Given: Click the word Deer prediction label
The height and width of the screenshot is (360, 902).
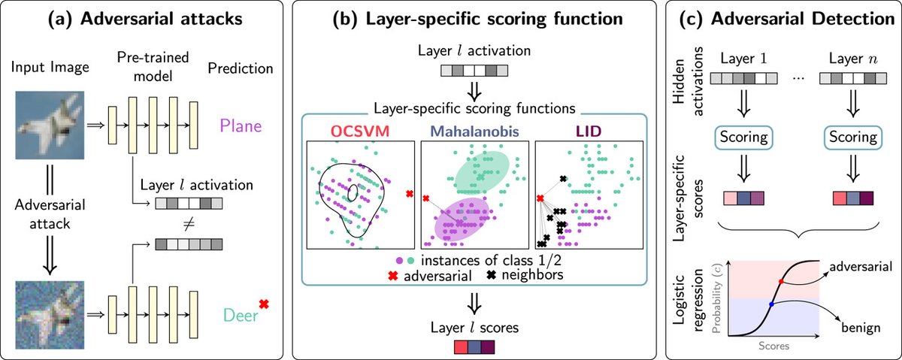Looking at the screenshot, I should [x=244, y=313].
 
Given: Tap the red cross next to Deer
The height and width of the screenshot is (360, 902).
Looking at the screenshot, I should [x=264, y=304].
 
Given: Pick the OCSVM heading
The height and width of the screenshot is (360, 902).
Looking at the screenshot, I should [x=344, y=132].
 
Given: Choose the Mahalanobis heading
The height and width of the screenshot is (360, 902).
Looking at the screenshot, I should [x=462, y=132].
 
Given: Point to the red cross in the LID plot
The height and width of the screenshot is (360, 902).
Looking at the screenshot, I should [x=540, y=198].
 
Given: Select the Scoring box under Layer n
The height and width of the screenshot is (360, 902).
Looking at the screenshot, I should [x=852, y=138].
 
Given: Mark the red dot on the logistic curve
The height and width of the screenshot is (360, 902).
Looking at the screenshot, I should [x=782, y=281].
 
